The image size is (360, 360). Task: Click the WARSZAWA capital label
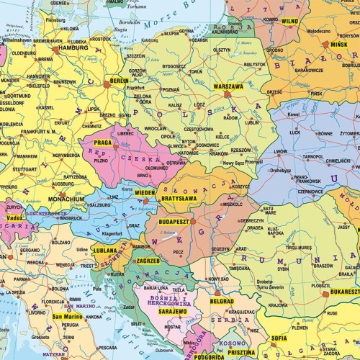[228, 86]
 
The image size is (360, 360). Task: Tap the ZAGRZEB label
[148, 260]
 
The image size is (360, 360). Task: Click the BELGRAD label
[222, 301]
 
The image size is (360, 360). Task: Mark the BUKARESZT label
[341, 292]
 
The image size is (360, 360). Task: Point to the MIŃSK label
[338, 44]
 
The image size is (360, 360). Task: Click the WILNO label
[289, 22]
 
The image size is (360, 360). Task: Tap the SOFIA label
[279, 337]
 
